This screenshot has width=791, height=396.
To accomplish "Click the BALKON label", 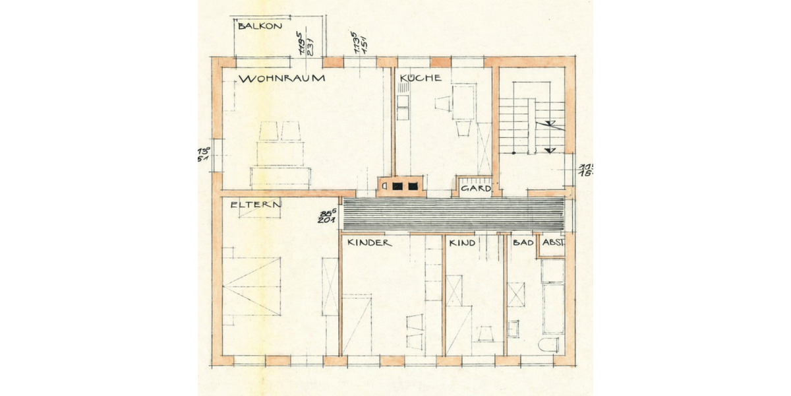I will [x=260, y=26].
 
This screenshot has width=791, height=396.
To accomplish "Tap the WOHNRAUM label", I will [x=283, y=79].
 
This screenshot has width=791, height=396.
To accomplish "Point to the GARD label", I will [x=476, y=189].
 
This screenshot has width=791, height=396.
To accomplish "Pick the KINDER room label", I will [x=370, y=243].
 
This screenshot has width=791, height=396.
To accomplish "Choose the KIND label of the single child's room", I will [x=462, y=244].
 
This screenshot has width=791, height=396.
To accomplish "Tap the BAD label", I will [x=522, y=243].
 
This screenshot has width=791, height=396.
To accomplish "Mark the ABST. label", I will [x=552, y=243].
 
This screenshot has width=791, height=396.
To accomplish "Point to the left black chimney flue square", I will [x=397, y=186].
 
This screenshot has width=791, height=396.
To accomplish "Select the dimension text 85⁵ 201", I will [x=328, y=217].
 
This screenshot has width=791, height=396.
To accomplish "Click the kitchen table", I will [x=465, y=102].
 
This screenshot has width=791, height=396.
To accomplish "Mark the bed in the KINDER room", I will [x=357, y=323].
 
